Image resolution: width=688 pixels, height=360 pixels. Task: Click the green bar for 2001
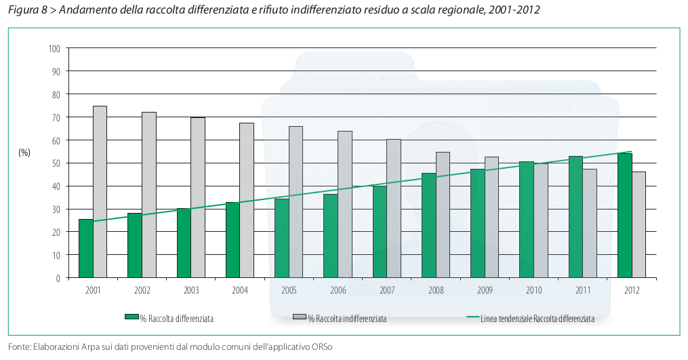click(86, 248)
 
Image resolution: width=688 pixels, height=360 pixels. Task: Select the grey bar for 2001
click(100, 192)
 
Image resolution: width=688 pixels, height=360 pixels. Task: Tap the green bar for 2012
click(624, 216)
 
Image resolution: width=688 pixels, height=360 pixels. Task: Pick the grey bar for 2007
click(393, 208)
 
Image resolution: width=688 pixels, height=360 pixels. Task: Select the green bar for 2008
click(428, 225)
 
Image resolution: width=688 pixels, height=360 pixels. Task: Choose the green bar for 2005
click(281, 238)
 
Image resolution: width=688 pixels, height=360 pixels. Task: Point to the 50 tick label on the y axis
click(56, 163)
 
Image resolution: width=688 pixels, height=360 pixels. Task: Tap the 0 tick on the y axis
click(58, 278)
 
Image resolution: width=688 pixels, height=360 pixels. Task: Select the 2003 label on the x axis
click(191, 290)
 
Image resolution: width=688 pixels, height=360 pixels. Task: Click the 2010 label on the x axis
click(533, 290)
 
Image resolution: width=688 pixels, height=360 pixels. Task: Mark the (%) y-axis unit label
click(24, 153)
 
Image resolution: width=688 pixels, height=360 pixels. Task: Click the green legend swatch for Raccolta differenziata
click(131, 317)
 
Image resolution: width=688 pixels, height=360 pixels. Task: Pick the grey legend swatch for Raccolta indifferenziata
click(299, 317)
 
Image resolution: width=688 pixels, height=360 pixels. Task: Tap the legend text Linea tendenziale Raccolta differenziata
click(537, 318)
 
